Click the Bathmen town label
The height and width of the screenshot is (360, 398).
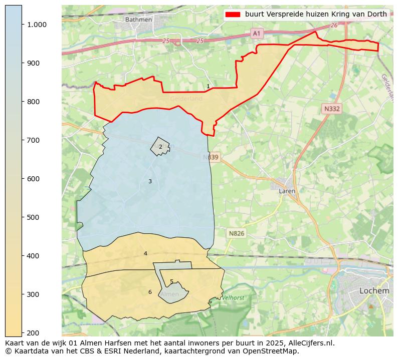pos(138,20)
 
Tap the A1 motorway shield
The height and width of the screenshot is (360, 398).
pos(257,33)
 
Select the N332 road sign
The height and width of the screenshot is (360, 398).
pos(331,109)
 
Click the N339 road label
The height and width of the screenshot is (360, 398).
pos(212,157)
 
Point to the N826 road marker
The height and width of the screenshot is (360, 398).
pos(236,233)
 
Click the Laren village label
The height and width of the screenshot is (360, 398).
pos(287,191)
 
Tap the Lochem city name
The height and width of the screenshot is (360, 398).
pos(374,290)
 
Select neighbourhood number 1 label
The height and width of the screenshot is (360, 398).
pos(208,87)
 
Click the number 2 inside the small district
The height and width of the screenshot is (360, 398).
pos(160,147)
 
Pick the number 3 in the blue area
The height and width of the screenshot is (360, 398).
pos(150,181)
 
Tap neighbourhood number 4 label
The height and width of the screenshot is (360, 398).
pos(145,253)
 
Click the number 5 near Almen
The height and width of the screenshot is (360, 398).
pos(171,281)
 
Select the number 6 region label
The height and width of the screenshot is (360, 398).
pos(150,292)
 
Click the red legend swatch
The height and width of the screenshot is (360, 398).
pos(233,14)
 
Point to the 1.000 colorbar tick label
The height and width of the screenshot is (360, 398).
pos(37,25)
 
